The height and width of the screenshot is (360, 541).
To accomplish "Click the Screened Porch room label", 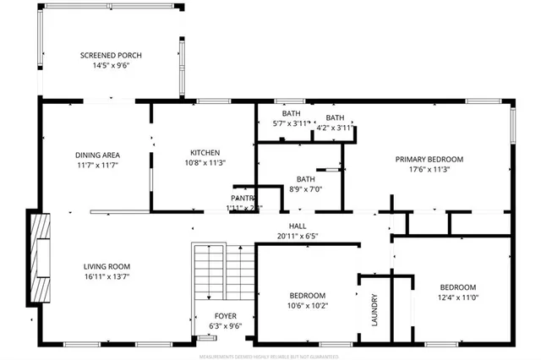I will click(111, 55).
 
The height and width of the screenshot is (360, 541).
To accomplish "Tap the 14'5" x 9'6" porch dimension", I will click(111, 65).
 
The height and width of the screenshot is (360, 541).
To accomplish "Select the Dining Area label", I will click(97, 155).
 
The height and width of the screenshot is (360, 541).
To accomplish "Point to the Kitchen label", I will click(205, 152).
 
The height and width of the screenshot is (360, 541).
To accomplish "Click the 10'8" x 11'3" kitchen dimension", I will click(205, 162).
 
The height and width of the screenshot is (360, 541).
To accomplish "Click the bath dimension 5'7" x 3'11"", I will click(292, 123).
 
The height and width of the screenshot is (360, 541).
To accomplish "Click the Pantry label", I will click(243, 199).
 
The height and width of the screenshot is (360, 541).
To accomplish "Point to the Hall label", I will click(298, 226).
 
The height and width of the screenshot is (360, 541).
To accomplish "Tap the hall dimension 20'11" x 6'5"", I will click(298, 236).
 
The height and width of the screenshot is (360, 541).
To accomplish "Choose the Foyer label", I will click(226, 315).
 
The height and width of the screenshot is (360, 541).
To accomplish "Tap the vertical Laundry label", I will click(374, 309).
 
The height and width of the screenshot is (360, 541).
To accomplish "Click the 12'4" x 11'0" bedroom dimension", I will click(457, 297).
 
